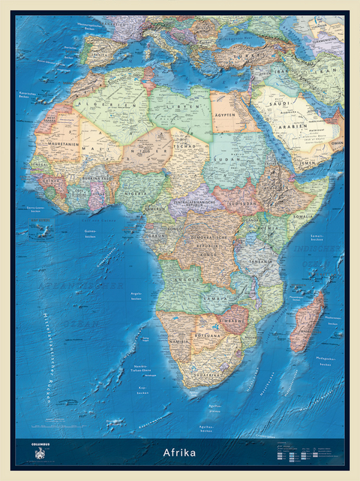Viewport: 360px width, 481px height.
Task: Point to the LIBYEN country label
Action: click(x=181, y=110)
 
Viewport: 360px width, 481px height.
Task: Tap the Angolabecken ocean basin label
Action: click(x=136, y=295)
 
